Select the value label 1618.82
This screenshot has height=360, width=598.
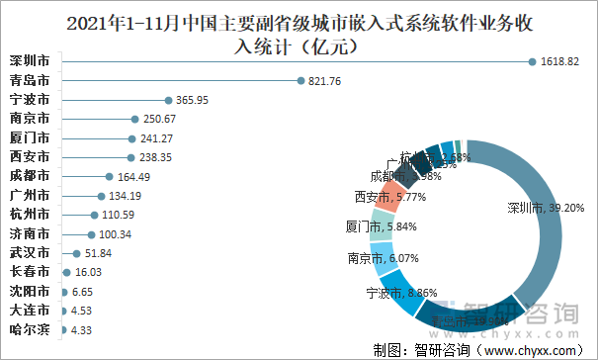click(x=560, y=61)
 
